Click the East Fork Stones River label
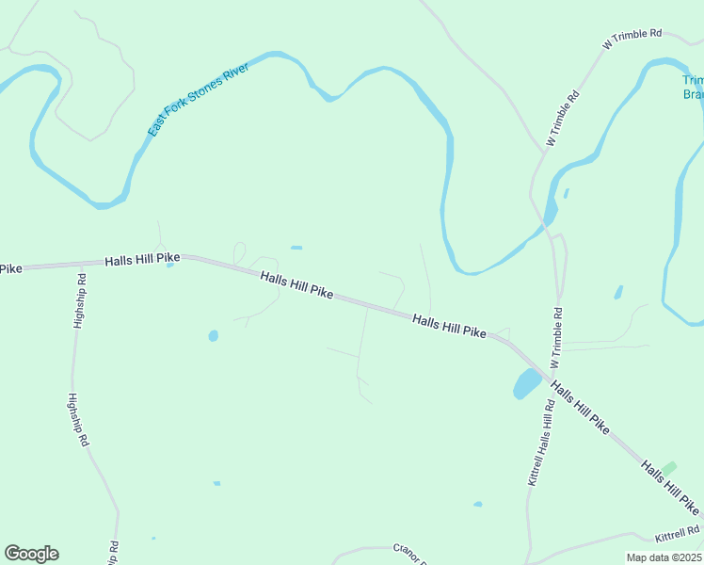click(x=198, y=99)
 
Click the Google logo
click(x=31, y=554)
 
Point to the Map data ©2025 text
click(x=664, y=557)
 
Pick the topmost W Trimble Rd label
click(x=632, y=38)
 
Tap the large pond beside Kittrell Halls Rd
click(x=526, y=383)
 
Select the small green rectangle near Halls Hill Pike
click(x=669, y=467)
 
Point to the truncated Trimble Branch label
click(x=693, y=88)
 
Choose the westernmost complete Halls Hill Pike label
click(x=142, y=259)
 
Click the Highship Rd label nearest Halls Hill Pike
click(x=80, y=300)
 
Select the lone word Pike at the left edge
click(x=10, y=269)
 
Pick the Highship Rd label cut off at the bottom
click(x=113, y=552)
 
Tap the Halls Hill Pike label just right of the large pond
click(x=580, y=408)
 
